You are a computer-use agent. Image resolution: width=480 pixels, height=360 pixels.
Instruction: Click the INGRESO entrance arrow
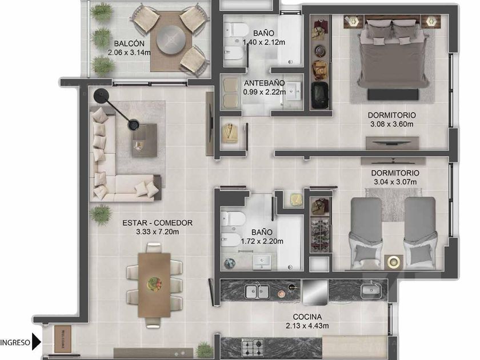pyautogui.click(x=36, y=342)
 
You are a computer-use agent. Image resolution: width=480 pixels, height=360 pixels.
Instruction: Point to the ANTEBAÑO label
pyautogui.click(x=264, y=83)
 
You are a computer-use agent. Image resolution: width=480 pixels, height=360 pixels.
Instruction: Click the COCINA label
pyautogui.click(x=307, y=317)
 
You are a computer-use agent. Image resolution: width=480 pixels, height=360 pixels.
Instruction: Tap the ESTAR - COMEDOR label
pyautogui.click(x=157, y=223)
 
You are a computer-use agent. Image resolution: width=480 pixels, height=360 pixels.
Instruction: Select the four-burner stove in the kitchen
pyautogui.click(x=253, y=347)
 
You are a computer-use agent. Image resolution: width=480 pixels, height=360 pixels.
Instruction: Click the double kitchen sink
pyautogui.click(x=258, y=291)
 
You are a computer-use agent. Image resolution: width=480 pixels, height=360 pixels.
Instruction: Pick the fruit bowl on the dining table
pyautogui.click(x=154, y=284)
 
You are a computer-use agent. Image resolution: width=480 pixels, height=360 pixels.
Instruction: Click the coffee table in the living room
pyautogui.click(x=145, y=140)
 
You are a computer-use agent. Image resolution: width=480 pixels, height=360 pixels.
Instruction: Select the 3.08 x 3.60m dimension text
pyautogui.click(x=391, y=124)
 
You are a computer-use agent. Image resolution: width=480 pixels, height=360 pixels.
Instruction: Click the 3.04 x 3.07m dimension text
pyautogui.click(x=395, y=182)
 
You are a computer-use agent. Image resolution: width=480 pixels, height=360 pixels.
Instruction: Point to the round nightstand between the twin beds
pyautogui.click(x=393, y=262)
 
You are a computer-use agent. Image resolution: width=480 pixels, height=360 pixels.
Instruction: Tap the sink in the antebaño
pyautogui.click(x=295, y=91)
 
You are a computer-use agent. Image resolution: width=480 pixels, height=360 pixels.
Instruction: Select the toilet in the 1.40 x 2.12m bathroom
pyautogui.click(x=237, y=30)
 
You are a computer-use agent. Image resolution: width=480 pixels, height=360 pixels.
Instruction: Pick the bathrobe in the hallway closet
pyautogui.click(x=230, y=133)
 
